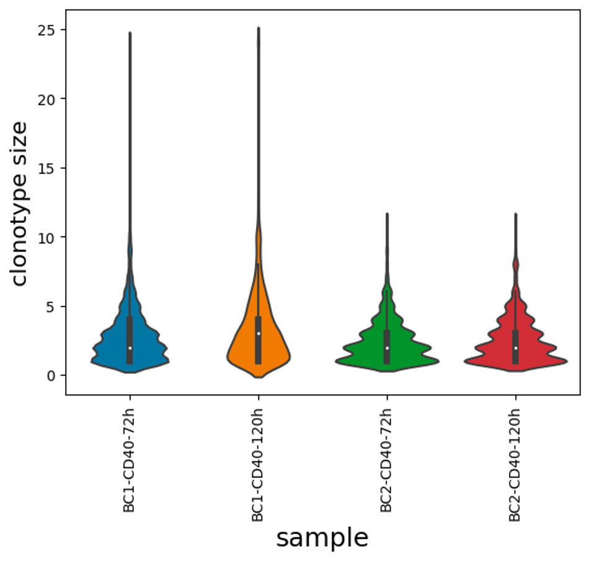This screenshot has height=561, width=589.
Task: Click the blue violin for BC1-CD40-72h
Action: tap(112, 348)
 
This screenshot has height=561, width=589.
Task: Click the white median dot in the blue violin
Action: tap(130, 348)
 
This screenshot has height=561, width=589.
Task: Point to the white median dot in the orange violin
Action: tap(259, 334)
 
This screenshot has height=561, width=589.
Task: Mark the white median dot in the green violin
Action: tap(387, 348)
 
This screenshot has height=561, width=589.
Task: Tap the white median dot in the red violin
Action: tap(515, 348)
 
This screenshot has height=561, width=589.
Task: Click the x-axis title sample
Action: tap(322, 538)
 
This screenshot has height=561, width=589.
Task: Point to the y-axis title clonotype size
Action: tap(20, 204)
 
